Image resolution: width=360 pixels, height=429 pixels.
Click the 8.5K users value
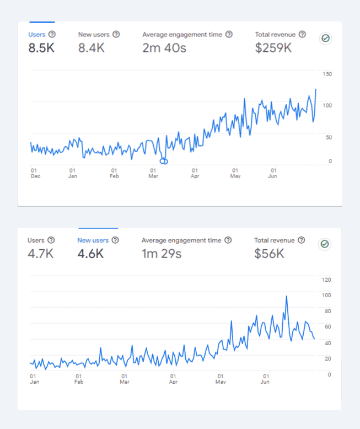41,48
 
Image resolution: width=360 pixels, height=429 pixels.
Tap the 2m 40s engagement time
164,48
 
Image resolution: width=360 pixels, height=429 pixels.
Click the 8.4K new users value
92,48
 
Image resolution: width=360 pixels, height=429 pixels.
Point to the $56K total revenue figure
269,254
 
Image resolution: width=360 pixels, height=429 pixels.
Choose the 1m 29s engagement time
162,254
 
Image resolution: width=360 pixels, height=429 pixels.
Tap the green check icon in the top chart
325,38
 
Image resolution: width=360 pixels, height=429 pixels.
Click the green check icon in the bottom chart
325,244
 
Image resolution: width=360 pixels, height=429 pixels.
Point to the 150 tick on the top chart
327,74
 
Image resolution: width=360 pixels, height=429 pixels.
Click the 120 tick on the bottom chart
327,280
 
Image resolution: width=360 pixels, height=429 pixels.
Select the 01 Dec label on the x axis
35,173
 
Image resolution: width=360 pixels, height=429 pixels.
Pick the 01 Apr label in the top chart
195,173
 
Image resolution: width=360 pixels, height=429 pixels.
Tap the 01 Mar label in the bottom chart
125,379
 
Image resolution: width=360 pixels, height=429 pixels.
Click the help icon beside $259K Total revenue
302,34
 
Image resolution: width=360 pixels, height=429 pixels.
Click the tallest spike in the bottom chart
287,296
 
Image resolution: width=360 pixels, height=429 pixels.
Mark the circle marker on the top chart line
164,161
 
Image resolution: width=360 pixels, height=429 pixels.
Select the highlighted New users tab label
93,240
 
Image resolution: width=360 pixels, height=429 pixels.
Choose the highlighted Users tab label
37,34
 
